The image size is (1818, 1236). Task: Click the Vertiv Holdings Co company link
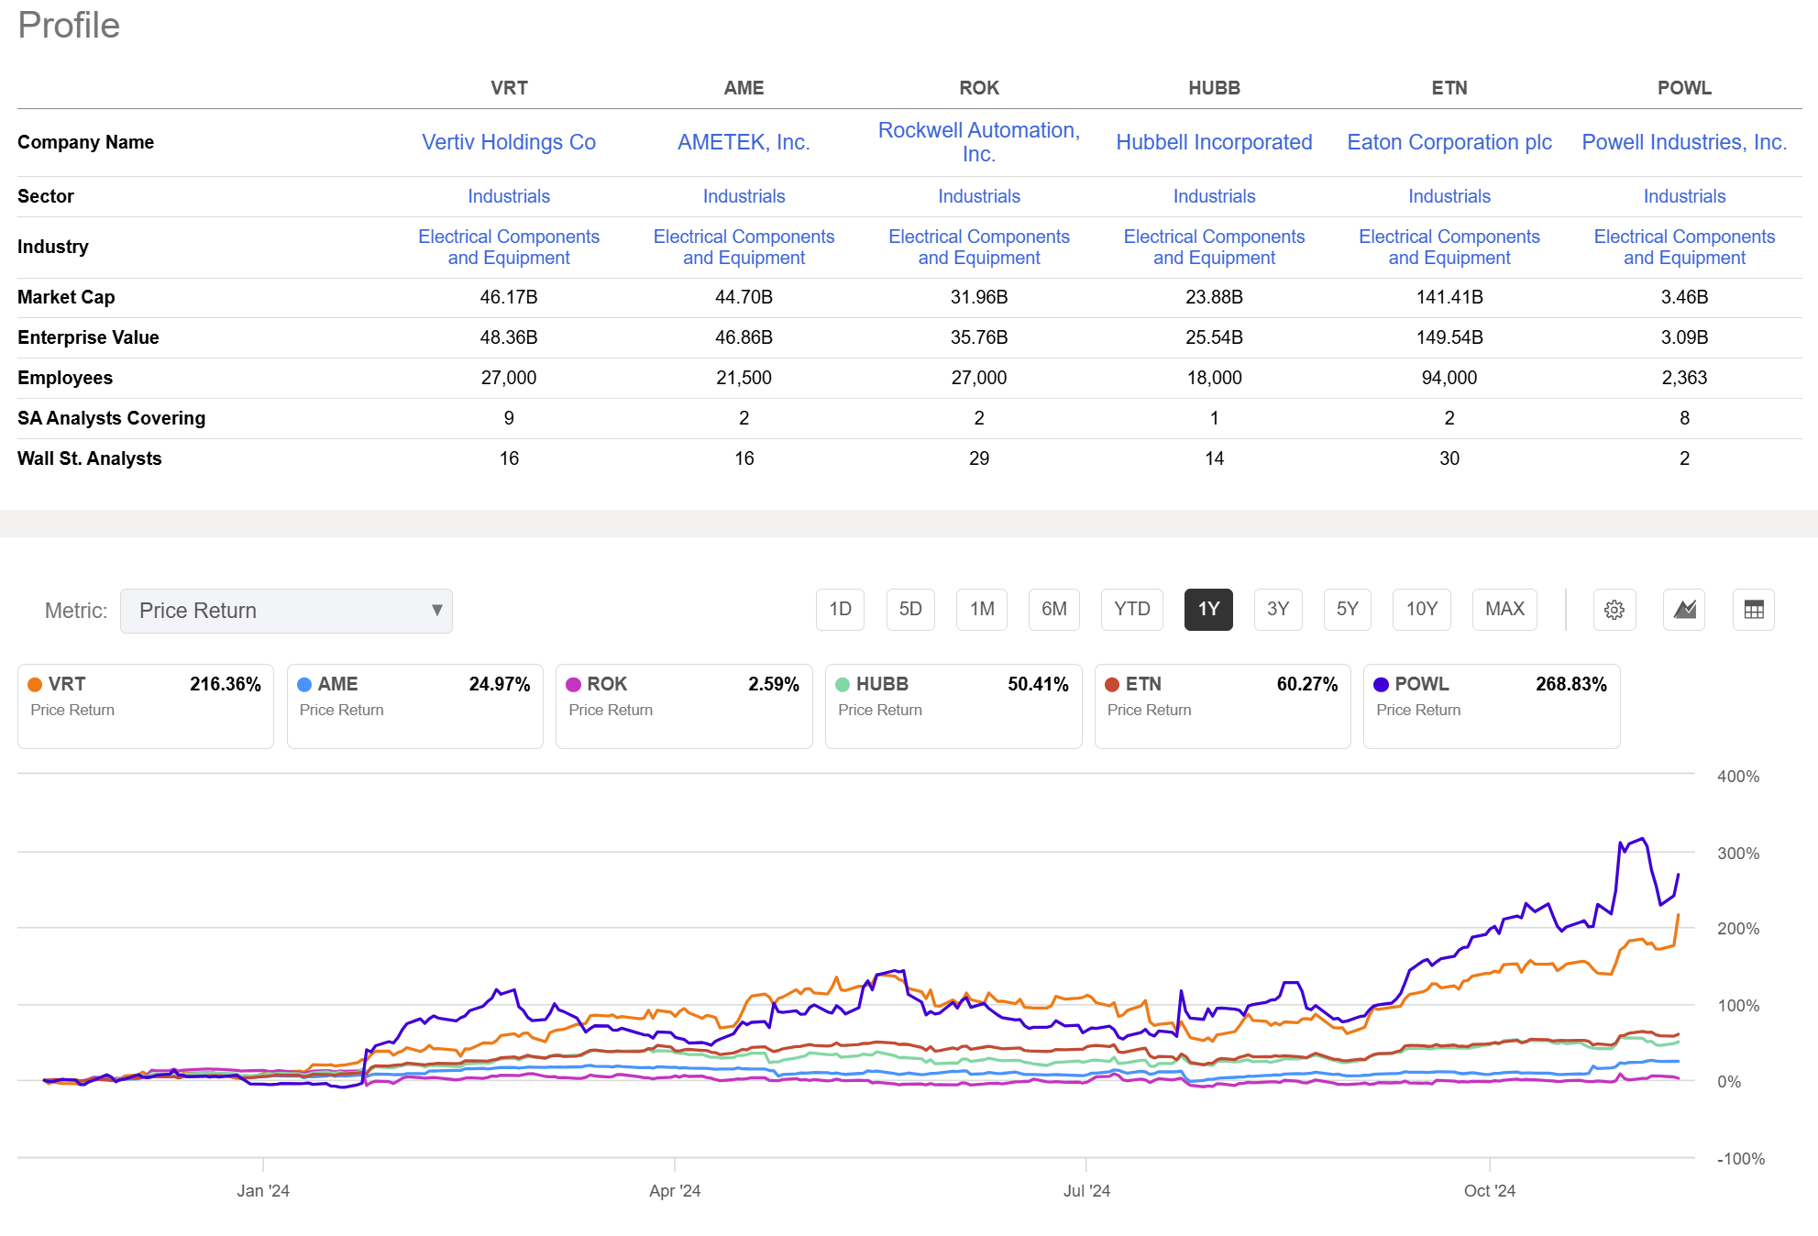(509, 142)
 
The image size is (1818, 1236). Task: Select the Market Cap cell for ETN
(1449, 297)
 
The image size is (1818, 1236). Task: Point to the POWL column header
(1683, 88)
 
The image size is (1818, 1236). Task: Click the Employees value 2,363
(1683, 378)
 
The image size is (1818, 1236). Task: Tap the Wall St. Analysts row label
(89, 458)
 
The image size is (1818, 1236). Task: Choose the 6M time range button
(1053, 609)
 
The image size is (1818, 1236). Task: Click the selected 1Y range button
(1207, 609)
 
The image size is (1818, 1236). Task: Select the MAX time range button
(1504, 609)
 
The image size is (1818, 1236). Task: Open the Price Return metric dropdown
(286, 611)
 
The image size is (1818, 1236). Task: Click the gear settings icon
(1614, 610)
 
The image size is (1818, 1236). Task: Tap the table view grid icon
(1753, 610)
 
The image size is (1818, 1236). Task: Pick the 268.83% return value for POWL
(1570, 684)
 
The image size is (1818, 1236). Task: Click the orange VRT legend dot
(35, 685)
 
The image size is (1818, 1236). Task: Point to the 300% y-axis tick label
(1737, 853)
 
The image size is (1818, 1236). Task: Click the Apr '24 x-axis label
(674, 1190)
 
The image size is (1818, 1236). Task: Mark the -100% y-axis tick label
(1740, 1158)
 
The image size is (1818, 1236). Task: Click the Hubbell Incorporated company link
(1213, 142)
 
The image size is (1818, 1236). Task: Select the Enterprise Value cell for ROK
(978, 337)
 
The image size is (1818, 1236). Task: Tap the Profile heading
(69, 26)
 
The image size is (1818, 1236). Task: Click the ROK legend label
(606, 684)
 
